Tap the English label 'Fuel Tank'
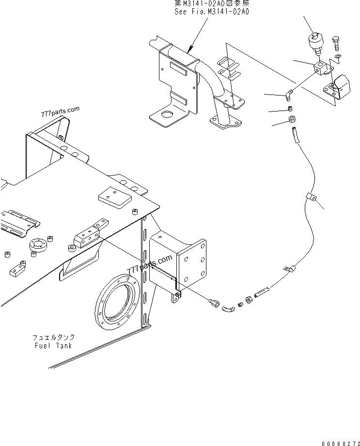tap(54, 346)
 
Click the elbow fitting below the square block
tap(288, 92)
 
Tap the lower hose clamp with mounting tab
tap(289, 268)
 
